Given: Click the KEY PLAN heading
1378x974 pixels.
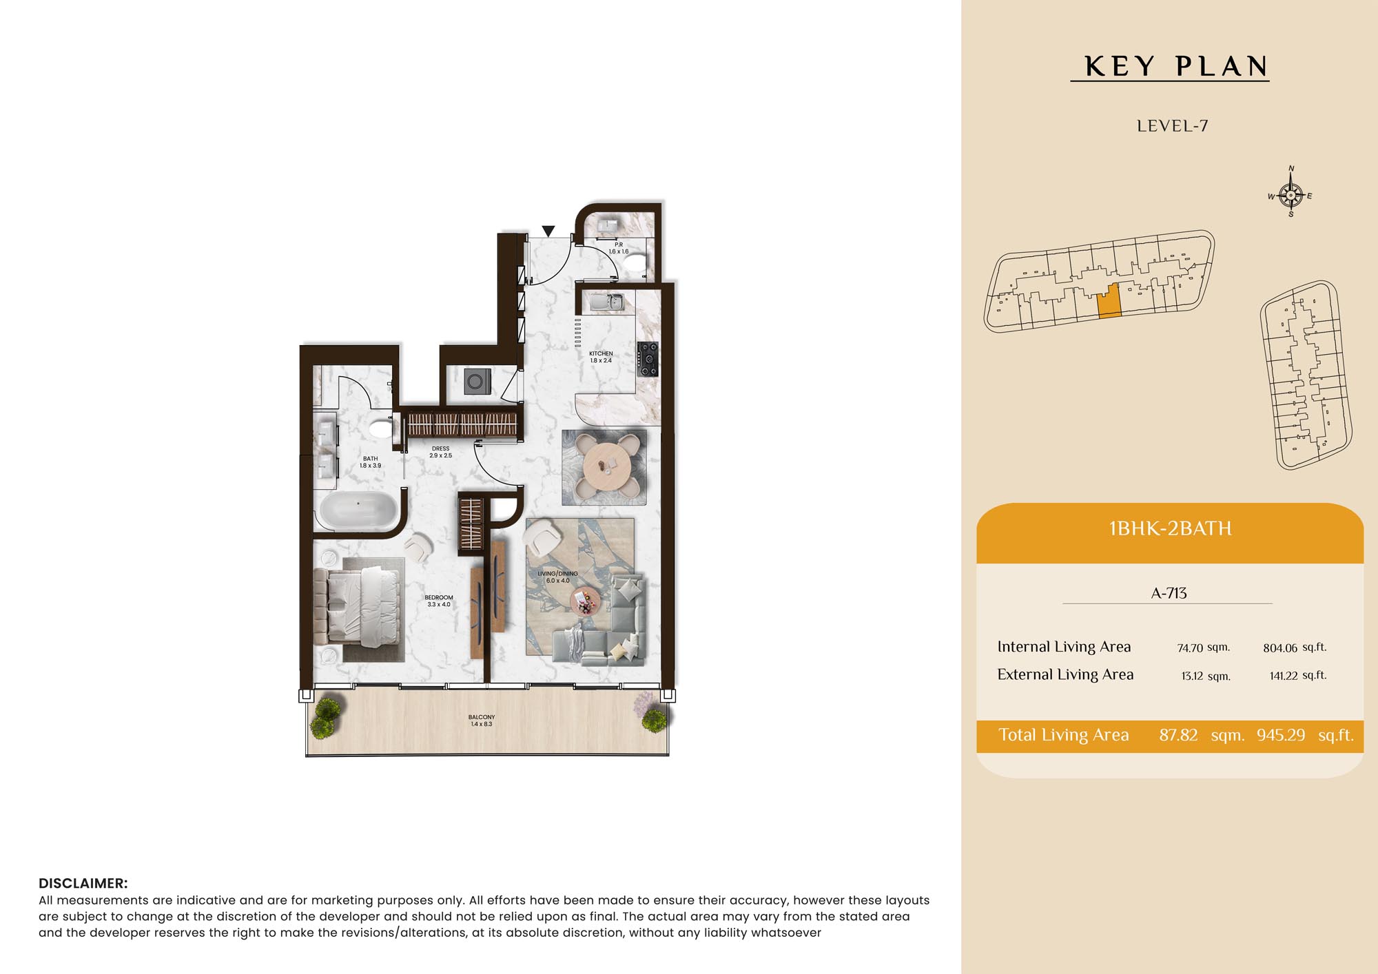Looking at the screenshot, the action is click(x=1176, y=67).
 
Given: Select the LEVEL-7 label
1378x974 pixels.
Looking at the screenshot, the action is click(x=1172, y=126).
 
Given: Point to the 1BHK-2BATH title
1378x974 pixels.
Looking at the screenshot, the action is click(x=1170, y=528).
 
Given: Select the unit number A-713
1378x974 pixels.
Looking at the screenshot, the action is click(x=1169, y=593).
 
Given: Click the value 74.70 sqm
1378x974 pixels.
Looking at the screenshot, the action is click(x=1203, y=647).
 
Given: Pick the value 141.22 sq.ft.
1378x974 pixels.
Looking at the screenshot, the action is click(x=1297, y=676).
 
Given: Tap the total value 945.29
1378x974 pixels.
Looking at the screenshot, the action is click(x=1280, y=735).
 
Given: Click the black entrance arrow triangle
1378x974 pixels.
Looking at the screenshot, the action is click(x=548, y=231).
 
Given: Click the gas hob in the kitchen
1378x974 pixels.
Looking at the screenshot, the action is click(x=648, y=359).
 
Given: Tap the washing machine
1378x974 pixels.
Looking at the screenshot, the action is click(x=477, y=381).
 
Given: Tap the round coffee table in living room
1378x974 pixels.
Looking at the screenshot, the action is click(x=586, y=601).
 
